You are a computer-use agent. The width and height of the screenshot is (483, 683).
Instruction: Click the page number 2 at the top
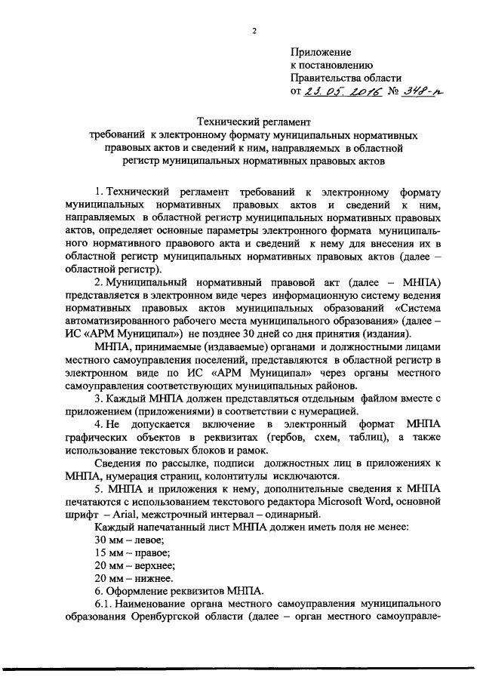tap(254, 30)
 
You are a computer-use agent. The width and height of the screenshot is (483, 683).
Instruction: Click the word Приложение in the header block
tap(321, 52)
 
